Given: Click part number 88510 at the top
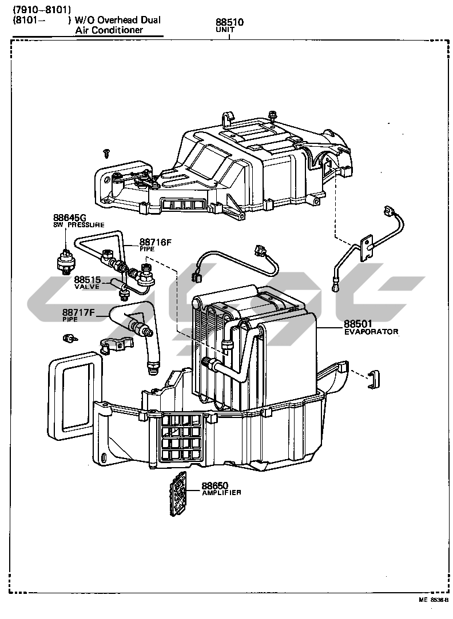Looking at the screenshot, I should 230,23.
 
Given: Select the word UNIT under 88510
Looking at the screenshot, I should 229,31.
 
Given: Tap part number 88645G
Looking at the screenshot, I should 69,218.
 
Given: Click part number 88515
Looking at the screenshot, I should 87,279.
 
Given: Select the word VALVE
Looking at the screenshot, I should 86,287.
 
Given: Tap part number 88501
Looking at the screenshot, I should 362,324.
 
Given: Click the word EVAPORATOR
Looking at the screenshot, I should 371,331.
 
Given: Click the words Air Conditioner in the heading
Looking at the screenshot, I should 109,30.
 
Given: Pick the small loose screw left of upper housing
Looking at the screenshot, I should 105,152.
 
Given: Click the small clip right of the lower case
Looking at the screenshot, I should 374,377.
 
